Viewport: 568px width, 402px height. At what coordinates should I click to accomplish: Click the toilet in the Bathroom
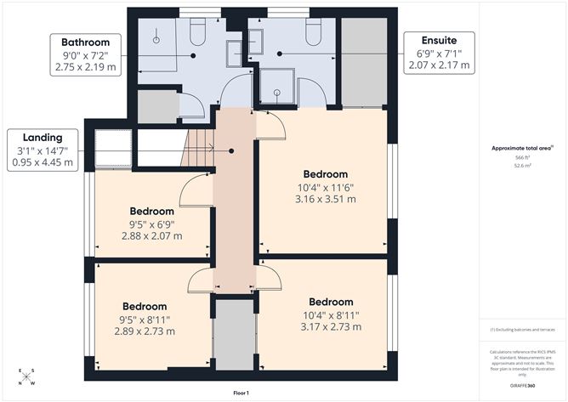[x=198, y=34]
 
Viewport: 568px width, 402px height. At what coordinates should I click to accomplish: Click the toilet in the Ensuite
[x=312, y=33]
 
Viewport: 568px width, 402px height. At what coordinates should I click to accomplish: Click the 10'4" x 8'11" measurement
[x=331, y=314]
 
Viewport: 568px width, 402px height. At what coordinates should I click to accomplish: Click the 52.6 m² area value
[x=520, y=167]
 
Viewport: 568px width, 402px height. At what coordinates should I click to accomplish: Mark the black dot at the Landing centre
[x=232, y=150]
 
